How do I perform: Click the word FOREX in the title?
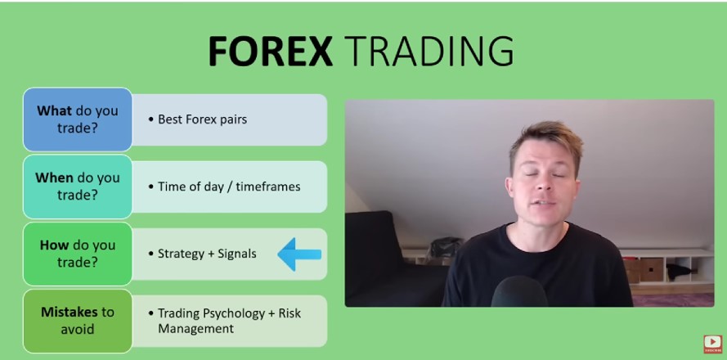271,51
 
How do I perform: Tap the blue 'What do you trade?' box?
78,119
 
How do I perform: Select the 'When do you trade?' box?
78,187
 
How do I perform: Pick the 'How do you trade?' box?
78,254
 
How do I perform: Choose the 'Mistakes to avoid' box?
78,321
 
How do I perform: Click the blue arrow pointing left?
299,254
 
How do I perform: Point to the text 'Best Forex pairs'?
202,119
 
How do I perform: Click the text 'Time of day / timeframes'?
229,187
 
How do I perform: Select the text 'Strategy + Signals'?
207,254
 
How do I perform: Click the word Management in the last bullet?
195,329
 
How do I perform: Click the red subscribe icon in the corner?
712,344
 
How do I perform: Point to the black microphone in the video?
519,292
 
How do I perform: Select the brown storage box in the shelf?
652,270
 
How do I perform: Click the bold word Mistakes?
70,313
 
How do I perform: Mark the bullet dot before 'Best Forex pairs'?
150,119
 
